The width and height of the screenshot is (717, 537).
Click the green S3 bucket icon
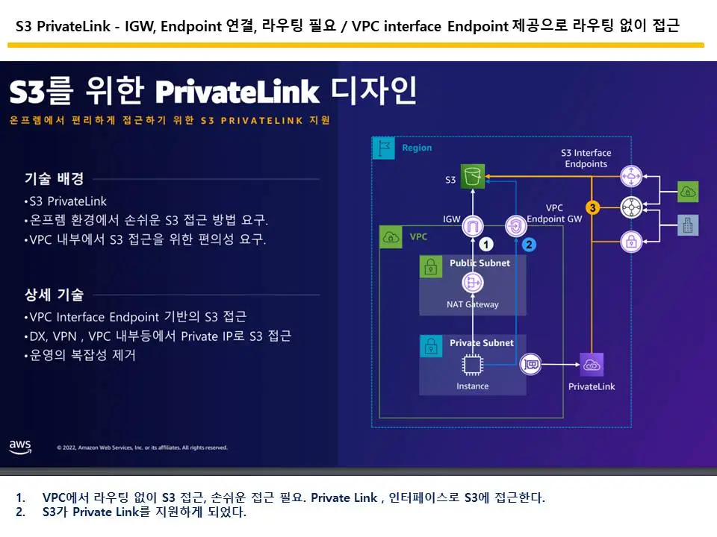pos(472,176)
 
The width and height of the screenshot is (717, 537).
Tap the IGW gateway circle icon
pos(472,226)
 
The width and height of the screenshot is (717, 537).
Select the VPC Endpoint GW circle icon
pos(516,226)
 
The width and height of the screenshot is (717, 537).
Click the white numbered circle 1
pos(486,245)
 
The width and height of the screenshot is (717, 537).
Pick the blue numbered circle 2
pos(529,245)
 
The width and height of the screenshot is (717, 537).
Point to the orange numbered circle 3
pos(592,208)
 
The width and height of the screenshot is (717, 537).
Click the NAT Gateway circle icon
pos(472,283)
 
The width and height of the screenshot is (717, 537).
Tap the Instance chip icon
pos(472,365)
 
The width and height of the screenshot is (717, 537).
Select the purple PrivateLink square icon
pos(592,365)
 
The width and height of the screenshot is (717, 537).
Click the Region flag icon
pos(384,148)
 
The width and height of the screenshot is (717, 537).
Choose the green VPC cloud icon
pos(391,237)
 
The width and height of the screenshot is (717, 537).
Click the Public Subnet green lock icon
pos(431,266)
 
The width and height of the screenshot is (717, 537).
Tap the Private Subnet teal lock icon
pos(431,345)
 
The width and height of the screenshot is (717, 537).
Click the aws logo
pos(20,447)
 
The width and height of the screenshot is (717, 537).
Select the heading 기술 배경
pos(54,178)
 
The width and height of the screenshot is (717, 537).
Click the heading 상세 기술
pos(54,295)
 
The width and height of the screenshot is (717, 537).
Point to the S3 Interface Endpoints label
pos(586,158)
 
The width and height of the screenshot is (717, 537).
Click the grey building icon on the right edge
pos(688,225)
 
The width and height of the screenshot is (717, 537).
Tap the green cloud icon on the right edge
pos(688,192)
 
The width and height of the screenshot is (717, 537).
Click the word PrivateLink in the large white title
pos(237,92)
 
